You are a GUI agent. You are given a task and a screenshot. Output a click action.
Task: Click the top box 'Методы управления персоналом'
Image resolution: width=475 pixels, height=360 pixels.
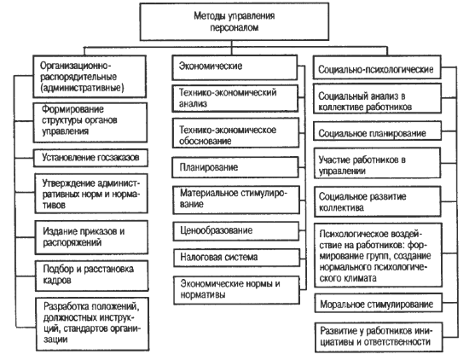235,21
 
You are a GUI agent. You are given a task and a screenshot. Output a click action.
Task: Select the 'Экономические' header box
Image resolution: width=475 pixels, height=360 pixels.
235,67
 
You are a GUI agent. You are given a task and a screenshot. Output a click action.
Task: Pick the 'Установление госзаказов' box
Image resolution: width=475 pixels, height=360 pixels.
90,158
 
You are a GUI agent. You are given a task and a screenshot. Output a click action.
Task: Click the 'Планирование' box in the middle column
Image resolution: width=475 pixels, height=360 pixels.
235,167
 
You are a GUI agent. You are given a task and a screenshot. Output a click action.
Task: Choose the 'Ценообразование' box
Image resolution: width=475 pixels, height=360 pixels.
235,231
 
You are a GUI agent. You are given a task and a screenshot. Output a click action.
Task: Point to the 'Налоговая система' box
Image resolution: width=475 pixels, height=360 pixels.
236,258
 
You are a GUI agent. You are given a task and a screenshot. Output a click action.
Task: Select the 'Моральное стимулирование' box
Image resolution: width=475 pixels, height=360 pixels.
378,303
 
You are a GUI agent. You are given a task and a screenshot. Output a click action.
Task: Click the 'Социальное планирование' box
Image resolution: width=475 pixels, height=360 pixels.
377,131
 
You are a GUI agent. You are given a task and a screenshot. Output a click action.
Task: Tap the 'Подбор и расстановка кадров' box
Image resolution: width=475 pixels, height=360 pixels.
92,276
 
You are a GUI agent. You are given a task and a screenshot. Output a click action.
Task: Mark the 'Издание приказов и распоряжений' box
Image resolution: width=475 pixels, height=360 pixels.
91,237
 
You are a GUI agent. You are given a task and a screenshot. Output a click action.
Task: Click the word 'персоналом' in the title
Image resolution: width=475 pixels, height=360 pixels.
235,27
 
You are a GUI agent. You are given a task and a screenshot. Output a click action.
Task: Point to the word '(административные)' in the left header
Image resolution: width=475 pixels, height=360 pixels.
82,88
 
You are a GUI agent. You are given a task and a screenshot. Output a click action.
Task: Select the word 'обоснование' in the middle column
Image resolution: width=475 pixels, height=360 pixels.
205,141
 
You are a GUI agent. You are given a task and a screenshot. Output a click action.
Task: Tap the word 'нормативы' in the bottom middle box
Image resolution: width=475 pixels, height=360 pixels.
203,294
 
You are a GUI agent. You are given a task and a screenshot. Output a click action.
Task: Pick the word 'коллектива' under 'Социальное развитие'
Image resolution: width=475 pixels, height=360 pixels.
341,208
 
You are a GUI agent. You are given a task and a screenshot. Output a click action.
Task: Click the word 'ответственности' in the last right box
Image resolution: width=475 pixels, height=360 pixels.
397,342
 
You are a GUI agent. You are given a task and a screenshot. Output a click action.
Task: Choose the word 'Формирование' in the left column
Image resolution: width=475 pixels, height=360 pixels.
72,109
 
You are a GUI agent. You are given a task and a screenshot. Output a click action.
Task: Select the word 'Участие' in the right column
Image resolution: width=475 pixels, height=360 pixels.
334,160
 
